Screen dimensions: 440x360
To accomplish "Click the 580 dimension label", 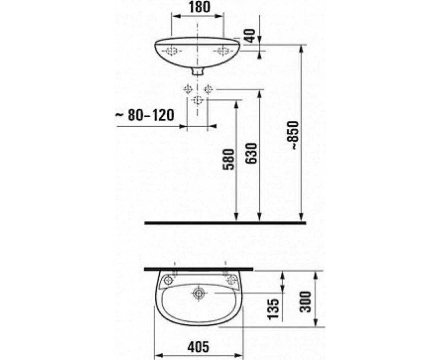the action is (x=228, y=159).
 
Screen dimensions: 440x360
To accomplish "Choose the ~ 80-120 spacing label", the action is (x=145, y=115).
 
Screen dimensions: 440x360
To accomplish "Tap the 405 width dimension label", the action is (x=198, y=347).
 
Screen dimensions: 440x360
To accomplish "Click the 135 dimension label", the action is (x=273, y=309).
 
